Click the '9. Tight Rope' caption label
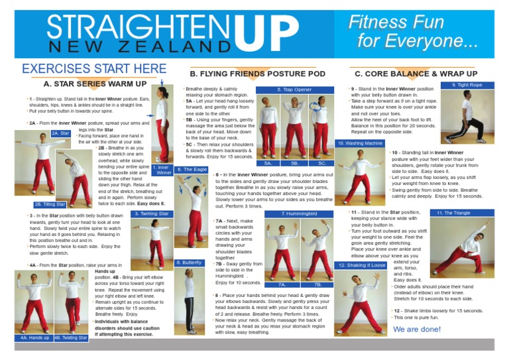coord(467,86)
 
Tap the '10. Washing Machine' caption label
coord(360,143)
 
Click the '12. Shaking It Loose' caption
coord(360,265)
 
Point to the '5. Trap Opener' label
coord(294,89)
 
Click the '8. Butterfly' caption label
coord(189,263)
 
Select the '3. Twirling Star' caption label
coord(152,213)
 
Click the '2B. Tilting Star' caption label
coord(50,204)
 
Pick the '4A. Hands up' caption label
coord(34,337)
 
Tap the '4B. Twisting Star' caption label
coord(70,337)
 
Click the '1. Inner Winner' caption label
coord(162,170)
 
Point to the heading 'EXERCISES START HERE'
coord(94,68)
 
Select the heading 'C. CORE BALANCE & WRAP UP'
coord(416,74)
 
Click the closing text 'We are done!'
coord(417,329)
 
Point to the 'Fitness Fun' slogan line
coord(396,23)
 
